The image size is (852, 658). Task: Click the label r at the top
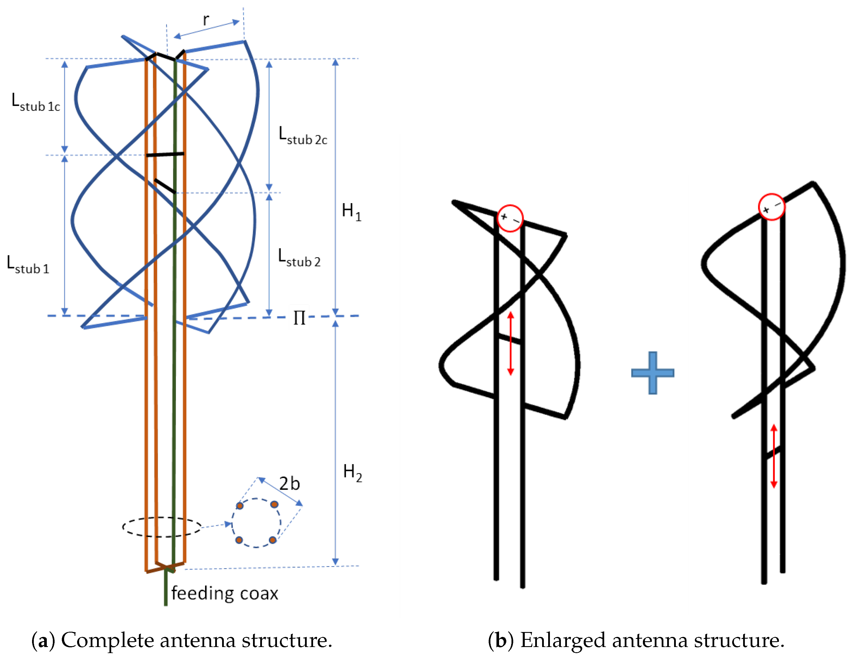pyautogui.click(x=206, y=20)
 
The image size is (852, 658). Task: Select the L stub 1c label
pyautogui.click(x=36, y=102)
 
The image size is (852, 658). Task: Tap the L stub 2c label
pyautogui.click(x=303, y=136)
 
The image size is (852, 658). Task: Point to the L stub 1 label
pyautogui.click(x=28, y=264)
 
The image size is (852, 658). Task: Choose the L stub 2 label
pyautogui.click(x=299, y=258)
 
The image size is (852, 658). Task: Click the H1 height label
pyautogui.click(x=351, y=212)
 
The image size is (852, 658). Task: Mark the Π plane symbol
pyautogui.click(x=299, y=318)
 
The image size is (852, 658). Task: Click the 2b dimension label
pyautogui.click(x=289, y=484)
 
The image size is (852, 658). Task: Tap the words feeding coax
pyautogui.click(x=225, y=593)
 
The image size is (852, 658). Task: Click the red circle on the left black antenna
pyautogui.click(x=510, y=218)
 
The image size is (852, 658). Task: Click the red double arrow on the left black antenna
pyautogui.click(x=510, y=343)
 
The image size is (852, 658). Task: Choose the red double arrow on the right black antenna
pyautogui.click(x=774, y=456)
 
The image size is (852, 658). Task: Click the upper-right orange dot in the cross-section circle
pyautogui.click(x=274, y=504)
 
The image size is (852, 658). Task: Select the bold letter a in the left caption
pyautogui.click(x=43, y=640)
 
